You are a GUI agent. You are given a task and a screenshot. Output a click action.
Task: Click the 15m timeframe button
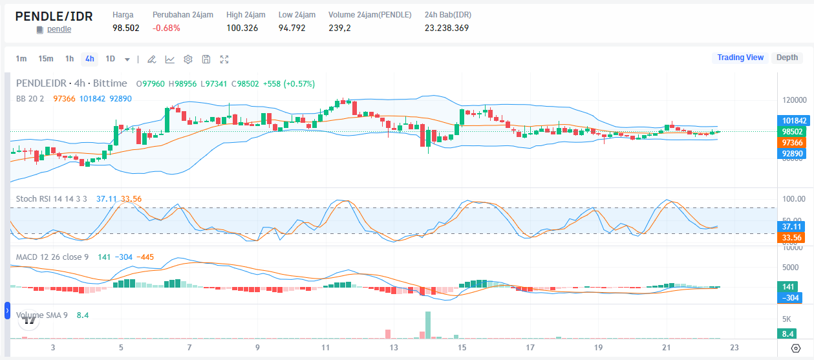[45, 59]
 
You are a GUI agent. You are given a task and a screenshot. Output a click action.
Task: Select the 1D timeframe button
[110, 59]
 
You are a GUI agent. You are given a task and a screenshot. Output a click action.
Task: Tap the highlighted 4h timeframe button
[89, 59]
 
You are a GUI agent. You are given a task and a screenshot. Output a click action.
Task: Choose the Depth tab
[787, 58]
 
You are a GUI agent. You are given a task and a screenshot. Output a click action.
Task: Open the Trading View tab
[740, 58]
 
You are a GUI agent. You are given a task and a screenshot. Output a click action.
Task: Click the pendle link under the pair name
[59, 29]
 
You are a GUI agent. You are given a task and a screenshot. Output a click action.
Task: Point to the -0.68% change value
[166, 28]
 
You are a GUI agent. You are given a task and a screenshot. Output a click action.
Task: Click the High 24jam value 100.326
[242, 28]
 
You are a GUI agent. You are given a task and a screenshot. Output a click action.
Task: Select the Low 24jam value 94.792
[292, 28]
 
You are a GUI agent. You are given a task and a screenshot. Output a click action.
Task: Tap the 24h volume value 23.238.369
[446, 28]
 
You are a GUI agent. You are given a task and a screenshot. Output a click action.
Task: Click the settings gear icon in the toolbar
[188, 59]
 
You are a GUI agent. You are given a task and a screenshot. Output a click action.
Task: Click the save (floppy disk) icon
[206, 59]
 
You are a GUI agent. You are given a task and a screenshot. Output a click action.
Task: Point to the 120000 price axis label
[794, 100]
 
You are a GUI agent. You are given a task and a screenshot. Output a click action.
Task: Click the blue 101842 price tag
[795, 120]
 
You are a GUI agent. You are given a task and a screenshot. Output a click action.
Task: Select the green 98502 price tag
[795, 131]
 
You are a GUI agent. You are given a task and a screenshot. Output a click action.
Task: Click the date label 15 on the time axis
[462, 348]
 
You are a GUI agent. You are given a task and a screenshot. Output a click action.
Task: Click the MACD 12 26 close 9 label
[52, 257]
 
